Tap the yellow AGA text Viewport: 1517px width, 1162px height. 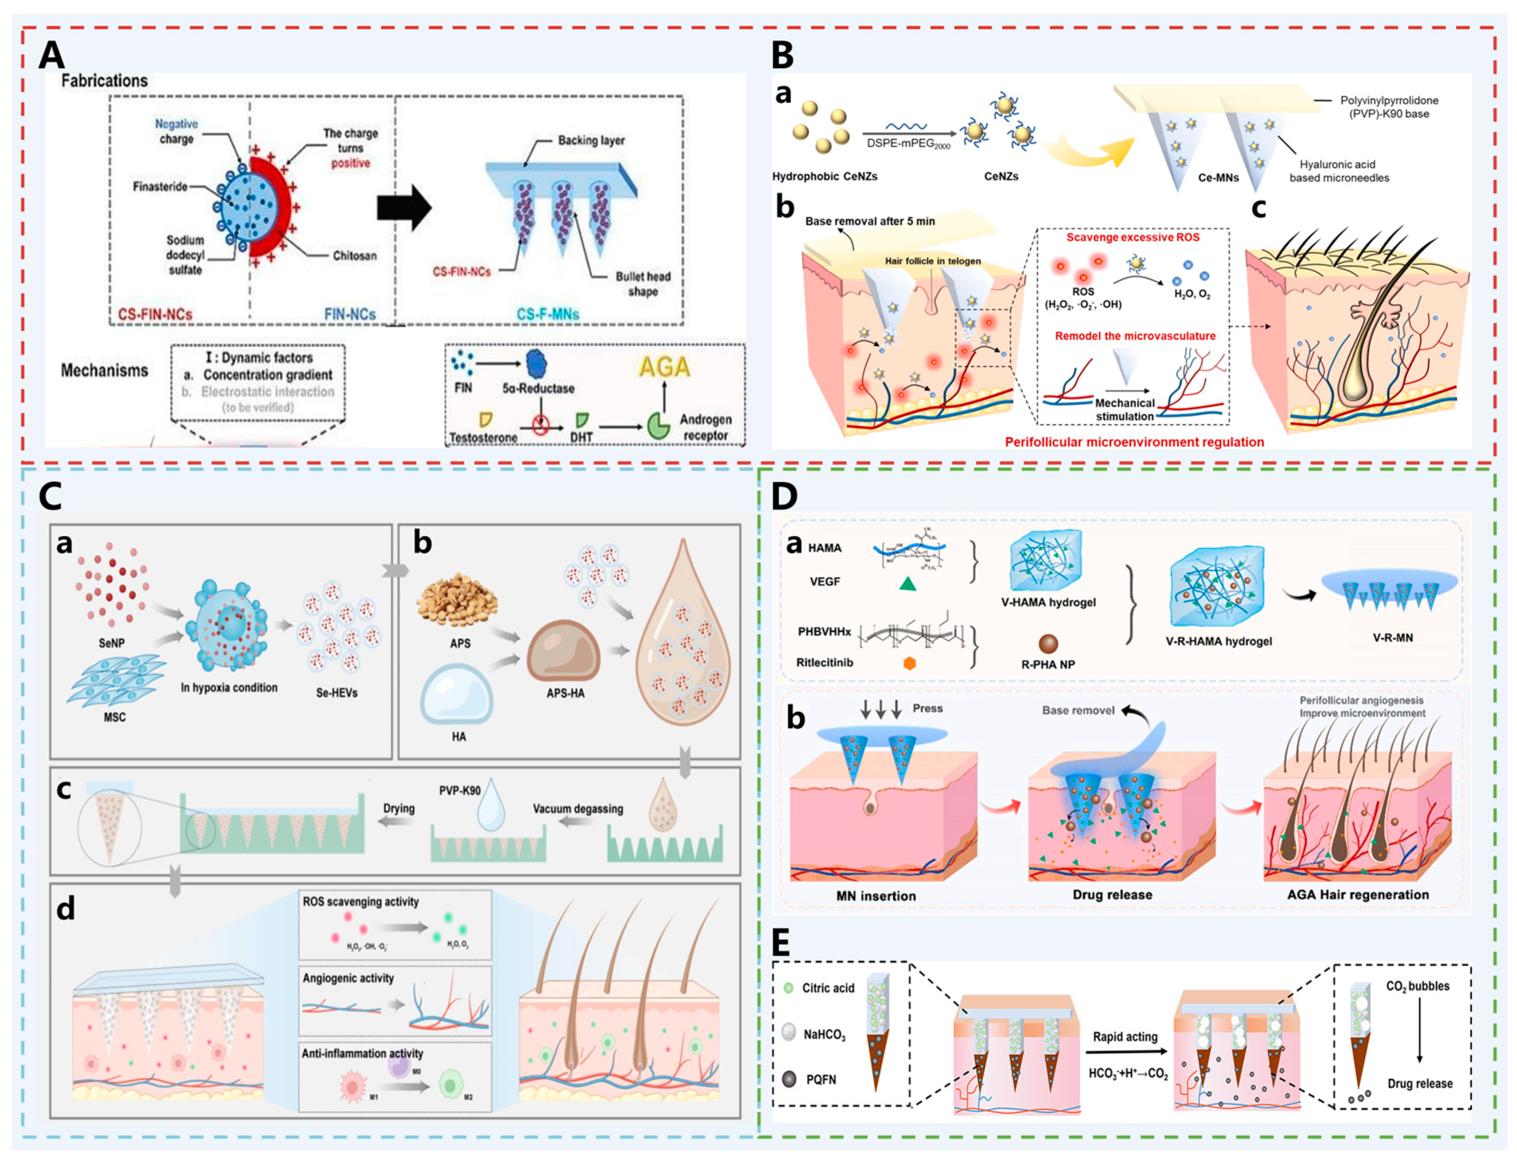(x=664, y=367)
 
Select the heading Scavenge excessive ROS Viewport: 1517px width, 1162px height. (x=1133, y=237)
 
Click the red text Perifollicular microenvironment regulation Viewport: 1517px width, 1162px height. (x=1134, y=442)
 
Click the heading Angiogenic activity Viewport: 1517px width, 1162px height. (x=348, y=978)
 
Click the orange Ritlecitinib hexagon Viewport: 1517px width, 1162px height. (x=910, y=663)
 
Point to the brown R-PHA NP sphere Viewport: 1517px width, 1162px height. (x=1048, y=643)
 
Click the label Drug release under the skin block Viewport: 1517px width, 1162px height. (x=1112, y=894)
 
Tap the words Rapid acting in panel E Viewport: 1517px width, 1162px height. (x=1125, y=1037)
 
